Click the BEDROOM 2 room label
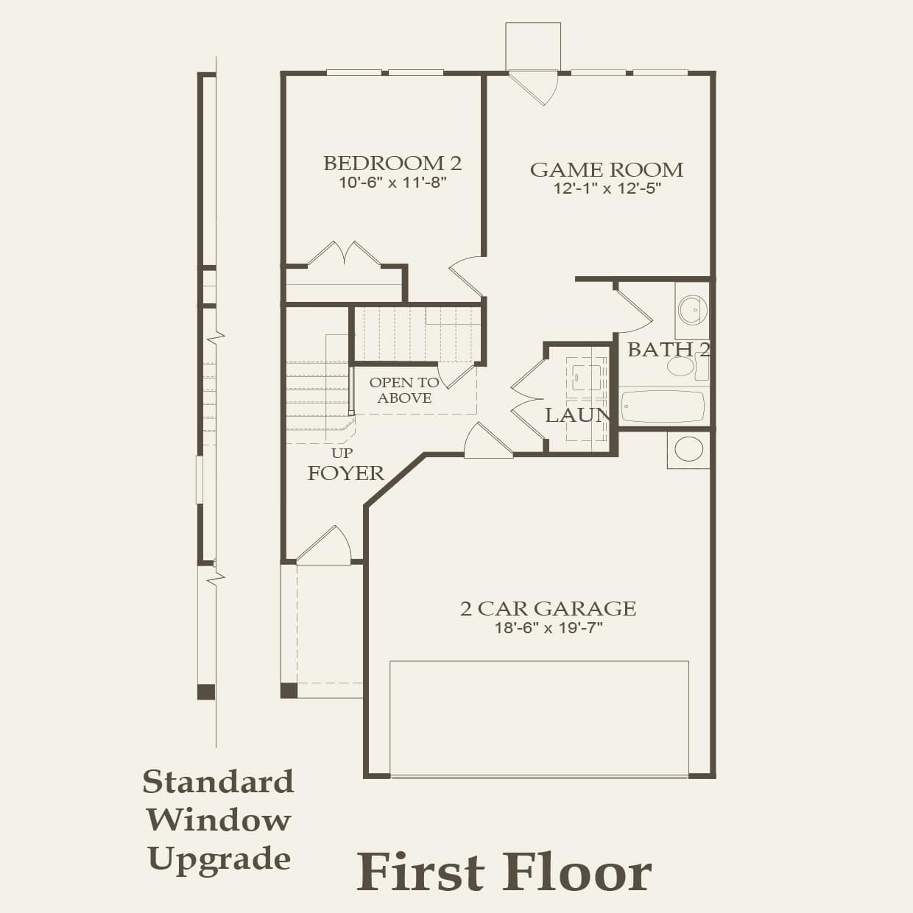(x=392, y=163)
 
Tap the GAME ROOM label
(x=607, y=170)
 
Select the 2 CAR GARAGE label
(x=548, y=608)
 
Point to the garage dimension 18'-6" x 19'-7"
(x=549, y=628)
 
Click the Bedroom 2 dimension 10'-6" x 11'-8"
(x=393, y=182)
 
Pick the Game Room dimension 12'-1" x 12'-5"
(x=607, y=188)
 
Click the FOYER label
(x=345, y=473)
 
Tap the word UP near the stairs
(x=342, y=453)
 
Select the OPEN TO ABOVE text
(x=404, y=390)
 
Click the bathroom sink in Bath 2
(x=692, y=310)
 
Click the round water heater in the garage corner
(x=688, y=449)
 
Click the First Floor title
(x=504, y=872)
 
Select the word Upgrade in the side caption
(x=219, y=859)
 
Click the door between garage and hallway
(x=487, y=443)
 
